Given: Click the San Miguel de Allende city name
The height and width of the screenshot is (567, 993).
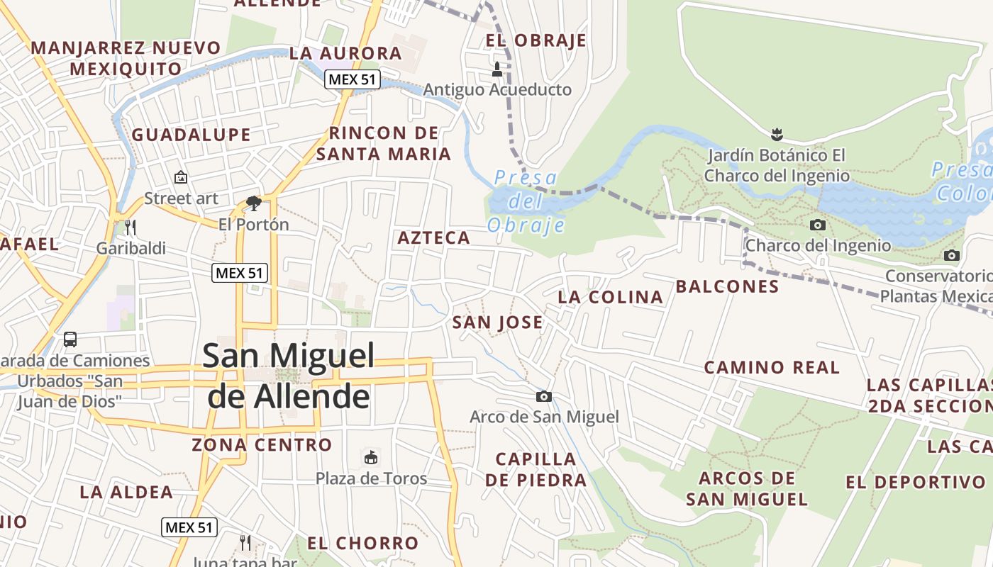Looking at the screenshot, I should [288, 376].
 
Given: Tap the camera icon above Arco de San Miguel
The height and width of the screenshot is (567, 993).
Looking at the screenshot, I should [544, 396].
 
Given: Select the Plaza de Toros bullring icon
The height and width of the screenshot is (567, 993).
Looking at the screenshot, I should [370, 457].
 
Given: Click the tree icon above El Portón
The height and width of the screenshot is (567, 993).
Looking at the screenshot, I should [253, 203].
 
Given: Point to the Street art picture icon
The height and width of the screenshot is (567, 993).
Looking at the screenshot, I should [181, 177].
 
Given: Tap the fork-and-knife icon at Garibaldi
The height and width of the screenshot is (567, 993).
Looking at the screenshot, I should [130, 227].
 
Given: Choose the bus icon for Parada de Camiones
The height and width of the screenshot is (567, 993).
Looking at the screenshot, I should [70, 339].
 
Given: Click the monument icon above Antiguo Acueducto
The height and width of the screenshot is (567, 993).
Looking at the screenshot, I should [497, 69].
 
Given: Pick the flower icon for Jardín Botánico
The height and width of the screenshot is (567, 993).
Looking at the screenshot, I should [777, 133].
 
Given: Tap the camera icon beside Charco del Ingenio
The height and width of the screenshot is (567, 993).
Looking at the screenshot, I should [818, 225].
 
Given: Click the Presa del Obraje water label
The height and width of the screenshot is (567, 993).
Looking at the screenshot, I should [526, 201].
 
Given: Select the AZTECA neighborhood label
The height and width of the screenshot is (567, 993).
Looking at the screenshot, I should [434, 238].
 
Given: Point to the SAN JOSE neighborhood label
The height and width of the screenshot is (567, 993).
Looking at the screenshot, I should [498, 322].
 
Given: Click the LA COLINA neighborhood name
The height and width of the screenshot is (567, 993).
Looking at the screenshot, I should [610, 297].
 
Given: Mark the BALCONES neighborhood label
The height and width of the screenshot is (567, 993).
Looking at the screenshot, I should [727, 286].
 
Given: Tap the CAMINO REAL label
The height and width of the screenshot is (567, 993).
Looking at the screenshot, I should [772, 367].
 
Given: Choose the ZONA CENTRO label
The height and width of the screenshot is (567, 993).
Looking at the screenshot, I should [262, 445].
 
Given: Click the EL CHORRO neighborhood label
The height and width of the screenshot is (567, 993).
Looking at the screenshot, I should [363, 544].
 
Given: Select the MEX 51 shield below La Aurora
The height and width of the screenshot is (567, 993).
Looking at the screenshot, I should [353, 79].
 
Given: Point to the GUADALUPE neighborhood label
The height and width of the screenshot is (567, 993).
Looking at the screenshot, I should [192, 135].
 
